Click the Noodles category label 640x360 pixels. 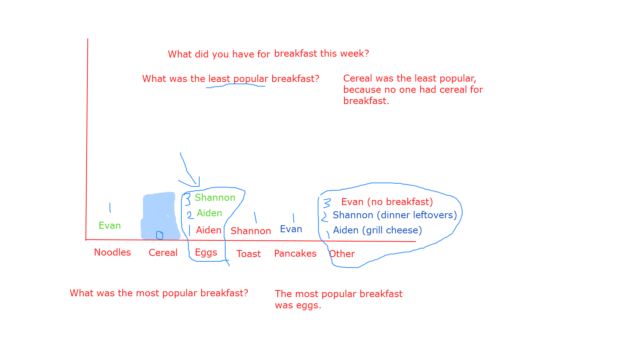click(x=112, y=252)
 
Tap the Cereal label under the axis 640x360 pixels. click(x=163, y=252)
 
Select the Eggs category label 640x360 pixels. click(x=206, y=253)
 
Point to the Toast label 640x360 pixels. click(x=248, y=254)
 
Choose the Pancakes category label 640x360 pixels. click(x=295, y=254)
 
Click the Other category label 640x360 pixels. click(x=342, y=254)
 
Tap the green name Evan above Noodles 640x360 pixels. click(x=110, y=225)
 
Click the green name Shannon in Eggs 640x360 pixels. click(x=215, y=197)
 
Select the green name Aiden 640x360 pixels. click(x=209, y=213)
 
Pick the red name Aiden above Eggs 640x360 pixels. click(x=209, y=230)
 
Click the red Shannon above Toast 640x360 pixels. click(x=251, y=231)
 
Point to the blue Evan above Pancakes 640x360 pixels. click(x=291, y=229)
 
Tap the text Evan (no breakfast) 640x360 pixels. click(x=387, y=202)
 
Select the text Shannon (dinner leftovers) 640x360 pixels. click(x=395, y=215)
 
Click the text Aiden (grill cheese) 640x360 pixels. click(x=377, y=230)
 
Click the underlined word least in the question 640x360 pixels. click(x=219, y=78)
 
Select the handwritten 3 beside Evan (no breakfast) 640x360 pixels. click(x=327, y=203)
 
